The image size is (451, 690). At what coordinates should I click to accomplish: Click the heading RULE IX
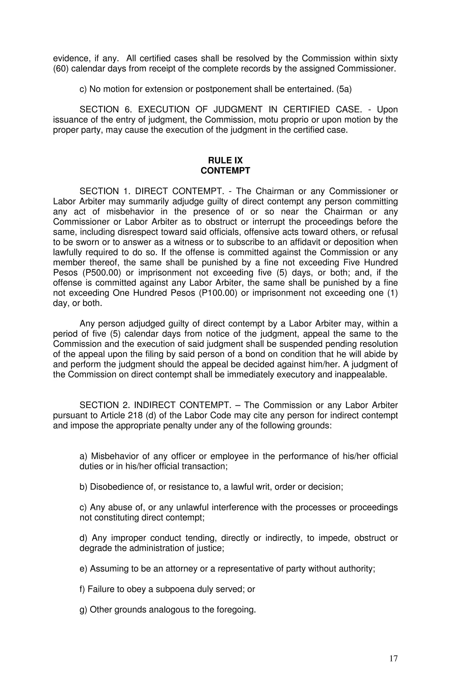[x=225, y=160]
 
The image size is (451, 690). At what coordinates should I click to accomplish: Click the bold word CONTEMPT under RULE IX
[x=225, y=171]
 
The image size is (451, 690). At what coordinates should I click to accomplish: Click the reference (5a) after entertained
[x=344, y=89]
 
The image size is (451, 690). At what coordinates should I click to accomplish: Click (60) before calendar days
[x=61, y=69]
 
